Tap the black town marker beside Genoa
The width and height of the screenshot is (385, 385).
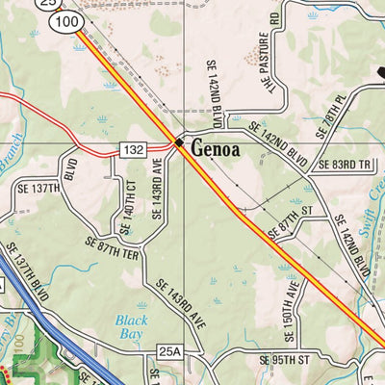coord(179,143)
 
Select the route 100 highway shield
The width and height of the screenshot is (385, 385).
coord(66,20)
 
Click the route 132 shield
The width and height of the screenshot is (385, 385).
coord(134,148)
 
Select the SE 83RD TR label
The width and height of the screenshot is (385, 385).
coord(345,165)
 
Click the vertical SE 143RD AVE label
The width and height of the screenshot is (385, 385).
coord(159,189)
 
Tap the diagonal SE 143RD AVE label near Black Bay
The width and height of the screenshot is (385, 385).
coord(180,301)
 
